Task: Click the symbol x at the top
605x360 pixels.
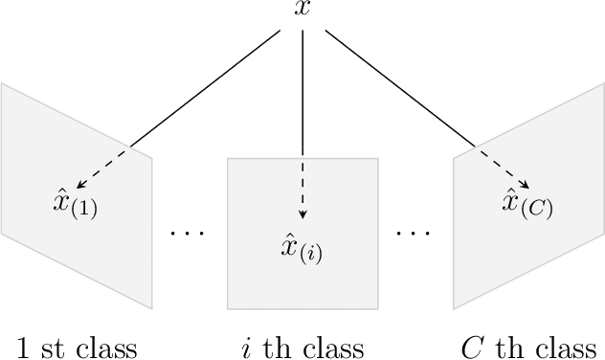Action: click(302, 10)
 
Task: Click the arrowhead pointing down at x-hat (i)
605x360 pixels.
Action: click(302, 214)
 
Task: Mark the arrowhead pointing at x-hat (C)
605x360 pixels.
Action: click(526, 186)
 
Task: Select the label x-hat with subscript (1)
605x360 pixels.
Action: click(75, 204)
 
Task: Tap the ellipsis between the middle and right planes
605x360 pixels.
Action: click(415, 232)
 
